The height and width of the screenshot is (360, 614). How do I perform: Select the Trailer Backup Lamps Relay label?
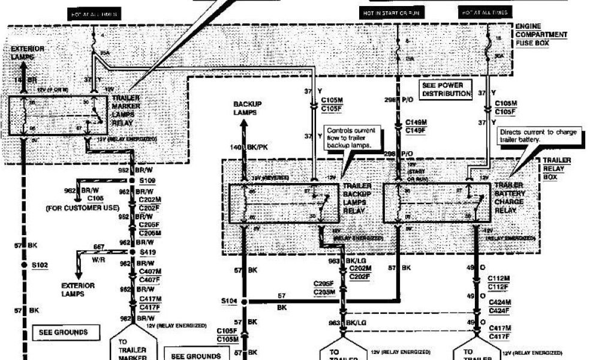point(357,199)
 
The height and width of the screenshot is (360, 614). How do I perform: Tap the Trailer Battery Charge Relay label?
point(510,198)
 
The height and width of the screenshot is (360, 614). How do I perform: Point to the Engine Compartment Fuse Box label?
point(541,34)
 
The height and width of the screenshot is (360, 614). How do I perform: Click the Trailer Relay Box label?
point(557,169)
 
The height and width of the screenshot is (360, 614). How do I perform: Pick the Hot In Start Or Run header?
point(384,12)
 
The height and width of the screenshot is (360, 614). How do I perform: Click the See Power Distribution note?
point(446,89)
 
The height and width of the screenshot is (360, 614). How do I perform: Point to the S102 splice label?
point(40,264)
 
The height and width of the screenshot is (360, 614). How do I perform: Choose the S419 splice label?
point(148,253)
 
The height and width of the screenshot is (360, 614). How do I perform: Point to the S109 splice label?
point(147,180)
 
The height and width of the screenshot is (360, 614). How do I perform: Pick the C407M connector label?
point(149,271)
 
